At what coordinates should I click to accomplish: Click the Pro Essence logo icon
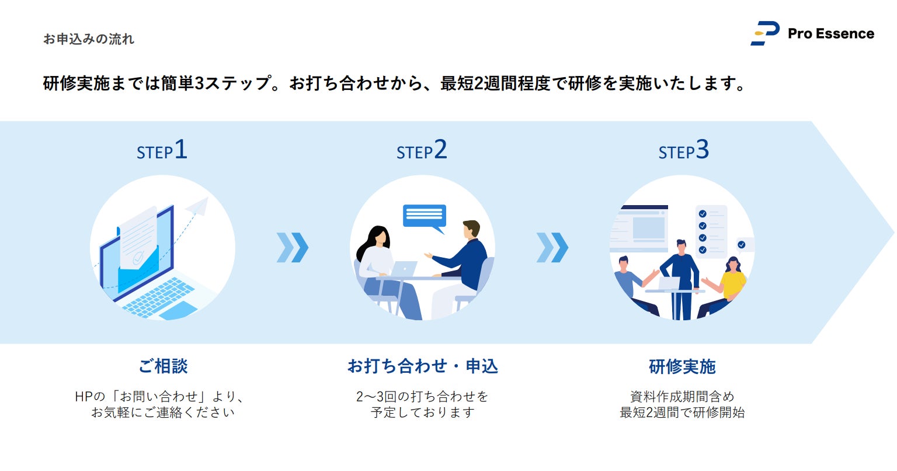click(x=765, y=33)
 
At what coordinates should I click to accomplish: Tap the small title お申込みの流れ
click(x=89, y=39)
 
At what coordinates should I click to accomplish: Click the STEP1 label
click(x=162, y=151)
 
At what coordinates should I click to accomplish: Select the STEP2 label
click(x=422, y=151)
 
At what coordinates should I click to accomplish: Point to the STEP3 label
click(x=683, y=151)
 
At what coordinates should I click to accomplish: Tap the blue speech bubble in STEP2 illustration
click(x=425, y=216)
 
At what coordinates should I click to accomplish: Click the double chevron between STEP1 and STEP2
click(x=292, y=247)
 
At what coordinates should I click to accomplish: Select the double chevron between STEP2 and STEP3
click(x=552, y=247)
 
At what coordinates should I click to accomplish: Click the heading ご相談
click(x=163, y=366)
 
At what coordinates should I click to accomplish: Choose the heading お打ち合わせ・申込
click(x=422, y=366)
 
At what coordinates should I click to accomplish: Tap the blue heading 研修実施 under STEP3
click(x=682, y=366)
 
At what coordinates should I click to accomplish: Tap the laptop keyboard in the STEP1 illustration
click(x=158, y=295)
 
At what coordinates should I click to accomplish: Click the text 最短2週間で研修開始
click(x=682, y=413)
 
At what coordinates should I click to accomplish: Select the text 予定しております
click(x=422, y=413)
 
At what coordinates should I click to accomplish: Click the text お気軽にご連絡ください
click(x=163, y=413)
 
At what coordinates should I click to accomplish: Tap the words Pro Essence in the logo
click(x=830, y=34)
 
